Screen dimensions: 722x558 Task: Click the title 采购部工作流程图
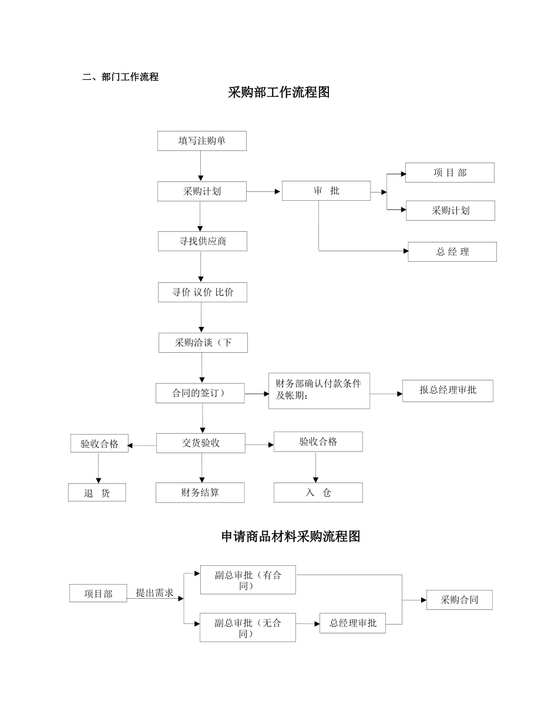click(278, 93)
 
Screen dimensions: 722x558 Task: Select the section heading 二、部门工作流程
click(120, 77)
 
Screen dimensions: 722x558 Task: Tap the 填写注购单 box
click(201, 141)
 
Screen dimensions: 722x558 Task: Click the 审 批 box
click(326, 191)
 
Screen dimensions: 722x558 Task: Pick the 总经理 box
click(452, 252)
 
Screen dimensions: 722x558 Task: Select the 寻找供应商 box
click(202, 241)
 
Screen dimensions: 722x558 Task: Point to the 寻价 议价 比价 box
click(202, 292)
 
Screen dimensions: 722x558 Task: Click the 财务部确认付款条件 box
click(319, 390)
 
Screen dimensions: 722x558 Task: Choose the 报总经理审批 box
click(447, 390)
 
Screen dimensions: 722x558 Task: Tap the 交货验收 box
click(200, 443)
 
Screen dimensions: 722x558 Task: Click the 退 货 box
click(97, 493)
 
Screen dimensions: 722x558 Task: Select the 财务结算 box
click(200, 493)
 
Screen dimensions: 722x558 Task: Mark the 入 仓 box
click(318, 493)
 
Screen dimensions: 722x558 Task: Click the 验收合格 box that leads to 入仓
click(318, 442)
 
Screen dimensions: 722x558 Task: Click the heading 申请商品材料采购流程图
click(290, 537)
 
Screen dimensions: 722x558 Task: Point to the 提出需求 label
click(154, 593)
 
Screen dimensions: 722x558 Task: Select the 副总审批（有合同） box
click(247, 580)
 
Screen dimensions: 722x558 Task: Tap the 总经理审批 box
click(352, 623)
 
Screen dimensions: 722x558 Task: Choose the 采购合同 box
click(459, 600)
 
